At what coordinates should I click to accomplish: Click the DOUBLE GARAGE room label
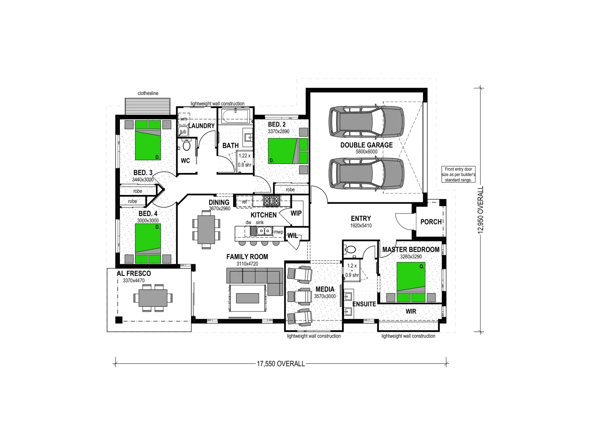(366, 145)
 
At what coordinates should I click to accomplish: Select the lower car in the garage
(366, 174)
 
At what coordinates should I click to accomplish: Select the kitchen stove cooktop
(272, 201)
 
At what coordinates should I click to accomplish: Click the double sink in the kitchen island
(263, 231)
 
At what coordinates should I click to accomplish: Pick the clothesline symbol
(148, 106)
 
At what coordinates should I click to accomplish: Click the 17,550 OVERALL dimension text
(281, 364)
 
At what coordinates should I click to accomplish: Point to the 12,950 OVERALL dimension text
(480, 210)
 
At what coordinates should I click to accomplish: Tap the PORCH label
(431, 222)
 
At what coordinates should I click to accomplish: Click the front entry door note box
(458, 174)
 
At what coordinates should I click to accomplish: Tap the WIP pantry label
(296, 213)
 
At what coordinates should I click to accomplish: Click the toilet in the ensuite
(351, 249)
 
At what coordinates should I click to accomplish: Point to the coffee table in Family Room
(248, 297)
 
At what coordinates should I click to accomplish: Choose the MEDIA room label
(325, 289)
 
